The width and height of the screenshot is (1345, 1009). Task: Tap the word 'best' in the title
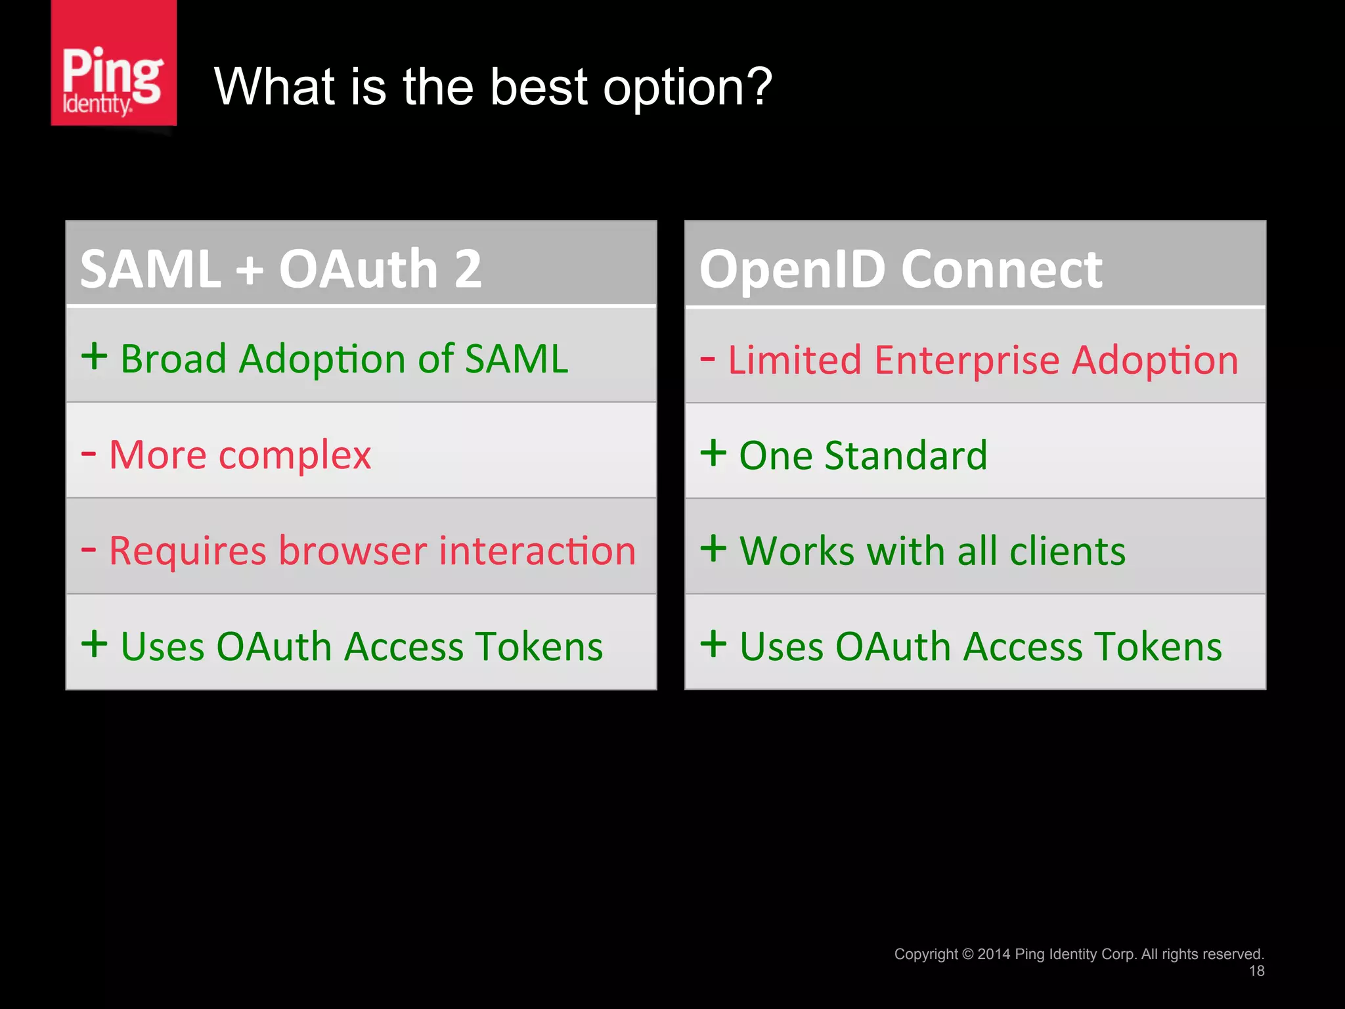pos(539,87)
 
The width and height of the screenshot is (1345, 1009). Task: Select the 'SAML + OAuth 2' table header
pos(281,269)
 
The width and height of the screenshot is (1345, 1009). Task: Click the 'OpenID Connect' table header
pos(900,269)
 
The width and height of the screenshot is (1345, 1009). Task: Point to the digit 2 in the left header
pos(468,269)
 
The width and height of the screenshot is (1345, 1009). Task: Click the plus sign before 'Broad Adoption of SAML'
pos(95,357)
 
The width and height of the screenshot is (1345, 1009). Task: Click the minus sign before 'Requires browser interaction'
pos(89,549)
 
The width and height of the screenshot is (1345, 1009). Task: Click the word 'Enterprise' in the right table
pos(967,361)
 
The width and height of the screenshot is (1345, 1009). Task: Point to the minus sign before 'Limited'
pos(707,359)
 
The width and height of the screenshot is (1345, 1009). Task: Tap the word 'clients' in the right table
pos(1067,550)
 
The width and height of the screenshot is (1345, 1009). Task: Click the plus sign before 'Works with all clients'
pos(713,548)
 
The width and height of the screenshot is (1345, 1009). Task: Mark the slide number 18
pos(1256,971)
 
